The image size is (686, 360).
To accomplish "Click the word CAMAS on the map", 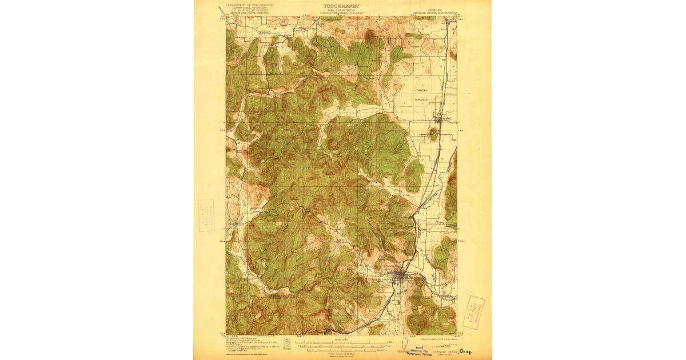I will coord(421,90).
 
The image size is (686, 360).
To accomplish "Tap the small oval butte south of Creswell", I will coord(433,135).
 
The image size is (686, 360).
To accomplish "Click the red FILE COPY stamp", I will coord(473,312).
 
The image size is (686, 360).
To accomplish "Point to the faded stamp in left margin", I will coord(206,215).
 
